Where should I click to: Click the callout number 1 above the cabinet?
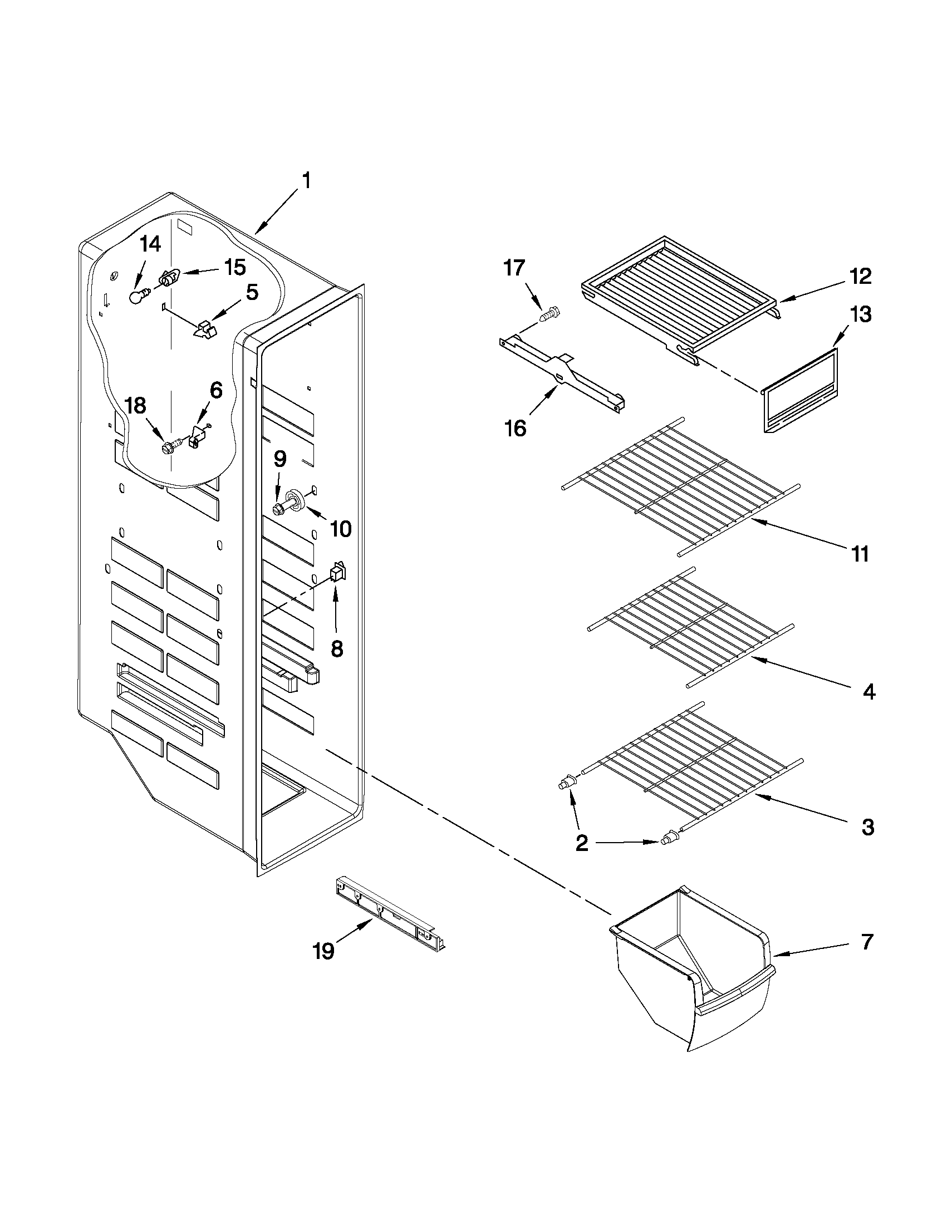(306, 181)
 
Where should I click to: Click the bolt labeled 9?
(279, 509)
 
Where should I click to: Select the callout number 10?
(341, 528)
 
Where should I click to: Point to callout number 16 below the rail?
(516, 429)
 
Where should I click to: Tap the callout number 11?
(860, 553)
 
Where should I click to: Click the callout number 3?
(867, 826)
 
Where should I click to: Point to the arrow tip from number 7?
(774, 954)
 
